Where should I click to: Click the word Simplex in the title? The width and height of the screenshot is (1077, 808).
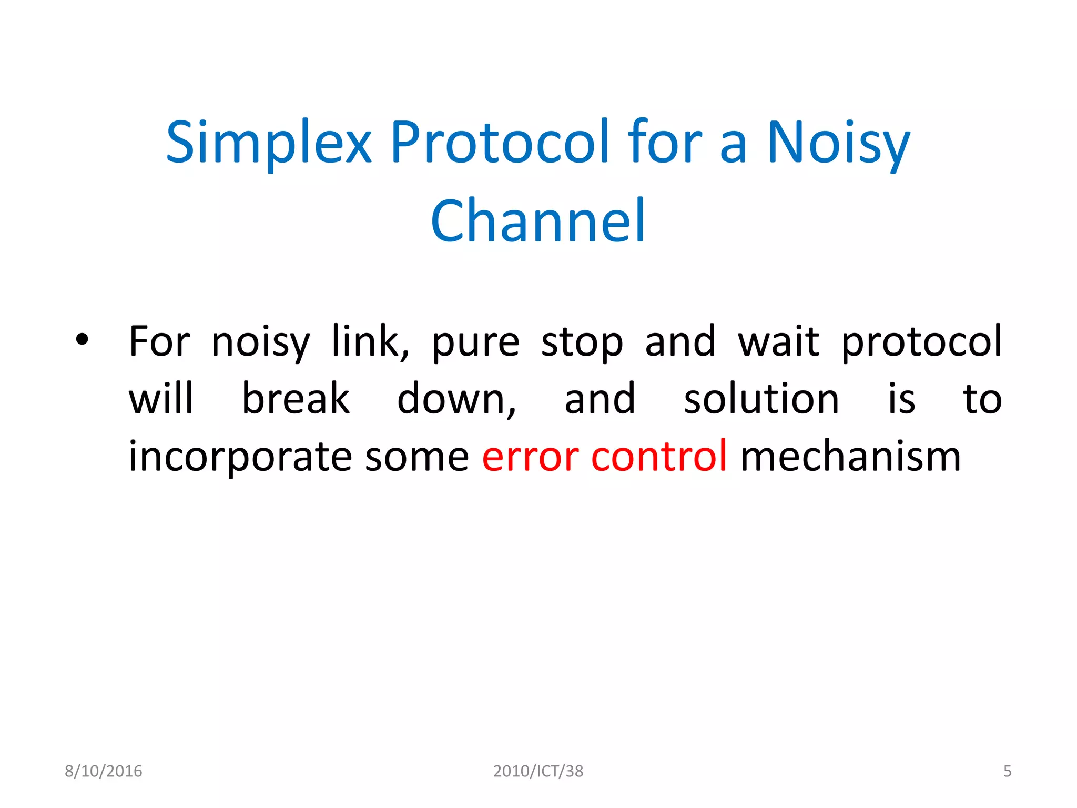[269, 143]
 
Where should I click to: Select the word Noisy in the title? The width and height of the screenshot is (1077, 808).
[838, 143]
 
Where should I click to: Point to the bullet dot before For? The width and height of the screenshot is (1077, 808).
[82, 339]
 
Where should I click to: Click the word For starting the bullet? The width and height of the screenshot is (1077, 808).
[159, 342]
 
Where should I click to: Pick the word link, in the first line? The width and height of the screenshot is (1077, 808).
[370, 342]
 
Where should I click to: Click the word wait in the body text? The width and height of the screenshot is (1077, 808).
[778, 342]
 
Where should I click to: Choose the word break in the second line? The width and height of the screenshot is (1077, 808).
[296, 399]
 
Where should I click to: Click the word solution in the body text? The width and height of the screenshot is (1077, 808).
[761, 399]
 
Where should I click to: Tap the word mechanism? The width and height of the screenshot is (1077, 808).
[850, 457]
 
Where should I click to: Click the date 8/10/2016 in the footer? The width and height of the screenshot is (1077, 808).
[104, 771]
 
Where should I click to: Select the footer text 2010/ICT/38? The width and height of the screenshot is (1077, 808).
[538, 771]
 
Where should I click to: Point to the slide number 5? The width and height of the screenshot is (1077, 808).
[1007, 771]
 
